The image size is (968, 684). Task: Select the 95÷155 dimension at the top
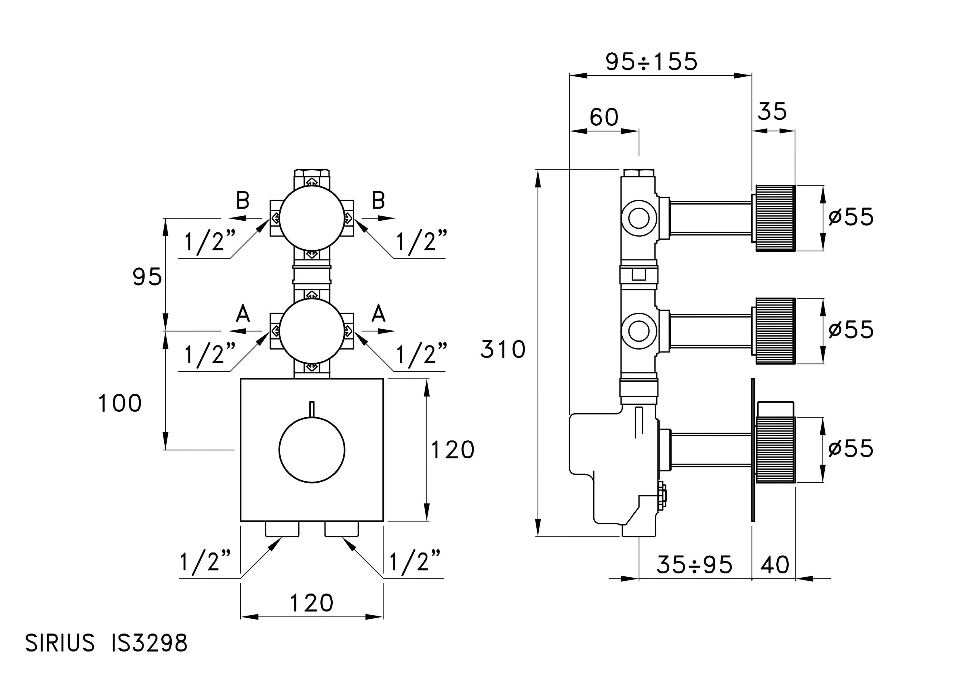coord(651,62)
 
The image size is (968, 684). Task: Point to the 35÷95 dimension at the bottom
coord(694,565)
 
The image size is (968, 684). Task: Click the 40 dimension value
coord(775,565)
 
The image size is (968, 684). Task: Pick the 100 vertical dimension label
coord(120,403)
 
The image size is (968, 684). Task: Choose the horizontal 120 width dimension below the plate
coord(312,603)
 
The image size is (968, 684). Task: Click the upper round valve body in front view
coord(312,218)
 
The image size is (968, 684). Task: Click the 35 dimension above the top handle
coord(772,112)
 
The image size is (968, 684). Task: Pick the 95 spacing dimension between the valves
coord(147,277)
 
